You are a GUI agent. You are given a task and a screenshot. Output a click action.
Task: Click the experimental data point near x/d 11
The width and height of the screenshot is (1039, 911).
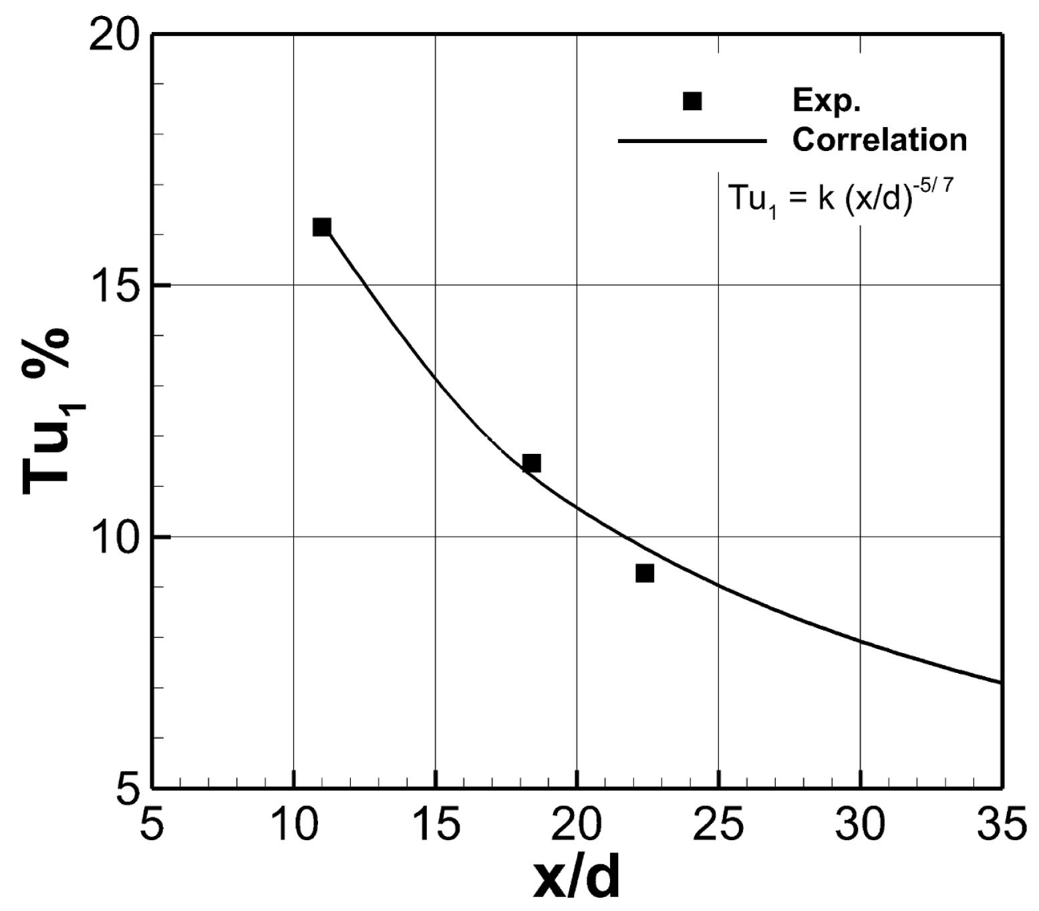321,227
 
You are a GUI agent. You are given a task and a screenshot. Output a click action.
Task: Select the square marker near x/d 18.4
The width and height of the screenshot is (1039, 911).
531,463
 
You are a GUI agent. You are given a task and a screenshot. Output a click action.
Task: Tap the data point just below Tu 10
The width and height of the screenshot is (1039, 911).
645,573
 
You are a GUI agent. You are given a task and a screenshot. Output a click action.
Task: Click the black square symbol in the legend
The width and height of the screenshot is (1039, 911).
692,101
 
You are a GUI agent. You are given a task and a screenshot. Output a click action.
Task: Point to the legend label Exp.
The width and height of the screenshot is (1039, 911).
827,101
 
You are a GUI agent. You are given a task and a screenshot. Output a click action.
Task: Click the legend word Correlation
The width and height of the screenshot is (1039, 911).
879,140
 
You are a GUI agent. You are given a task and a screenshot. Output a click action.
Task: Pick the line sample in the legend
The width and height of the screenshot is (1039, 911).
692,141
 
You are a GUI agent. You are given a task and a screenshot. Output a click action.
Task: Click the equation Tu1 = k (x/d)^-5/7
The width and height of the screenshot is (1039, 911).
840,199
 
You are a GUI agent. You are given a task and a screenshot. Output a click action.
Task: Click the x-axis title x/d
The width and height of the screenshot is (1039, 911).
577,880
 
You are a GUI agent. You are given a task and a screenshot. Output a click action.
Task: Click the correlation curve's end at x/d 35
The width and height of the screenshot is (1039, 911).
1000,682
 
